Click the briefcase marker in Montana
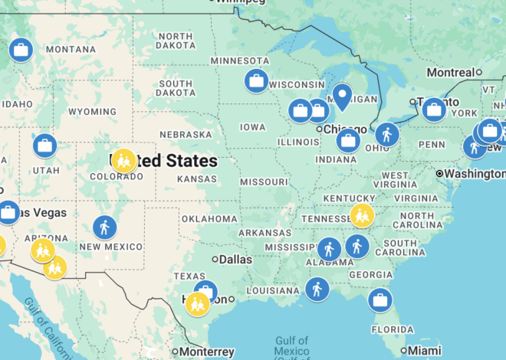[x=21, y=51]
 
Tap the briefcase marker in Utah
[x=44, y=146]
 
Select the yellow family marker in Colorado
[x=123, y=160]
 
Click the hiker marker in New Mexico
[x=104, y=227]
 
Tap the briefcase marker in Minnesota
[x=256, y=80]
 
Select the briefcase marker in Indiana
[x=348, y=140]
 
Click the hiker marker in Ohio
[x=387, y=135]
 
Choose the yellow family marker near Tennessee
[x=362, y=215]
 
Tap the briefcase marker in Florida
[x=379, y=299]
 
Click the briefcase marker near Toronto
[x=434, y=110]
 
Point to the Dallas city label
[x=235, y=260]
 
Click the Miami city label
[x=425, y=351]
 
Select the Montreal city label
[x=451, y=72]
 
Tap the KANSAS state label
[x=195, y=178]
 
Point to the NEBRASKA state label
[x=186, y=134]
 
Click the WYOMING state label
[x=92, y=112]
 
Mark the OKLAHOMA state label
[x=209, y=219]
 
